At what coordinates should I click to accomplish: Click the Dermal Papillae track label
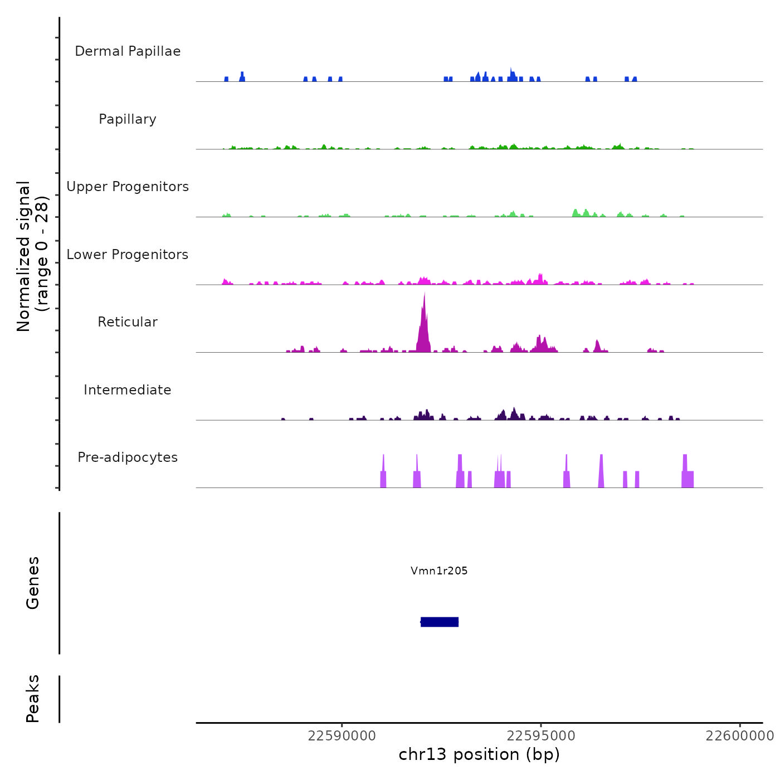[x=128, y=51]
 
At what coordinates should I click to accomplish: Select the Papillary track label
[x=128, y=119]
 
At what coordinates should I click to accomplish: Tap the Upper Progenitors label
[x=128, y=187]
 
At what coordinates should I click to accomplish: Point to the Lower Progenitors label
[x=128, y=255]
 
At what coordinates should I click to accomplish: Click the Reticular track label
[x=128, y=322]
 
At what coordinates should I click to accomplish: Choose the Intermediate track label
[x=128, y=390]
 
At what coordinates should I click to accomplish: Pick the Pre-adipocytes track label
[x=128, y=457]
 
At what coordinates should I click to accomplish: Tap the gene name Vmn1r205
[x=439, y=571]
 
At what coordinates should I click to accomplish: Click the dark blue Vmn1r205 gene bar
[x=440, y=622]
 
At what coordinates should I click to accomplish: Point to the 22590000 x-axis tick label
[x=342, y=736]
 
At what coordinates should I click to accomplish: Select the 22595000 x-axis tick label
[x=540, y=736]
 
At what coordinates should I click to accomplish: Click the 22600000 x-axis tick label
[x=739, y=736]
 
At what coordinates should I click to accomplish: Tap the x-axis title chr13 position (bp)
[x=479, y=754]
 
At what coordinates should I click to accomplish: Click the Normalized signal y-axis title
[x=32, y=256]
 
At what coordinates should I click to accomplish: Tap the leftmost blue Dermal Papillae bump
[x=226, y=79]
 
